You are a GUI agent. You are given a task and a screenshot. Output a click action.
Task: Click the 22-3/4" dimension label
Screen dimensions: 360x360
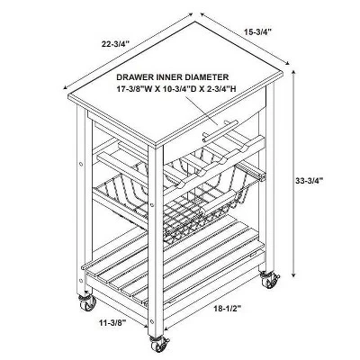tap(115, 44)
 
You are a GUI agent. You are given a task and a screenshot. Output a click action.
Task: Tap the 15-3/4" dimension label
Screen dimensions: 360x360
tap(258, 31)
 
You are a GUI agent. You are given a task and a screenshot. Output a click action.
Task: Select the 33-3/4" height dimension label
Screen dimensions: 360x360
tap(309, 181)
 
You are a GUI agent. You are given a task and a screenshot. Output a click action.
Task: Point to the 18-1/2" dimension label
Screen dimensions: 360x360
tap(228, 308)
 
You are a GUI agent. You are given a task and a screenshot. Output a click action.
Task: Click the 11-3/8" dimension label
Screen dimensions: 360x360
tap(112, 323)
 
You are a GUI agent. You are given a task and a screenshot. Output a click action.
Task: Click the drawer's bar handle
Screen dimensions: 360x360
tap(220, 131)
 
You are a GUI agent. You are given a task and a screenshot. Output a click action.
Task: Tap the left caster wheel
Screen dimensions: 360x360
tap(87, 303)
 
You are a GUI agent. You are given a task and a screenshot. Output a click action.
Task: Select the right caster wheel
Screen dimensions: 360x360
tap(269, 280)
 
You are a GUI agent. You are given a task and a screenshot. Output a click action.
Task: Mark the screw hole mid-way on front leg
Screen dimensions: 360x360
tap(152, 205)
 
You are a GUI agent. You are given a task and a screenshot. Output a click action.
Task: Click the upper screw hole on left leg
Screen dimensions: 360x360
tap(80, 164)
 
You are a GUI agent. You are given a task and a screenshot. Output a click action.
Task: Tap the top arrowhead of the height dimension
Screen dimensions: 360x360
tap(293, 72)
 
